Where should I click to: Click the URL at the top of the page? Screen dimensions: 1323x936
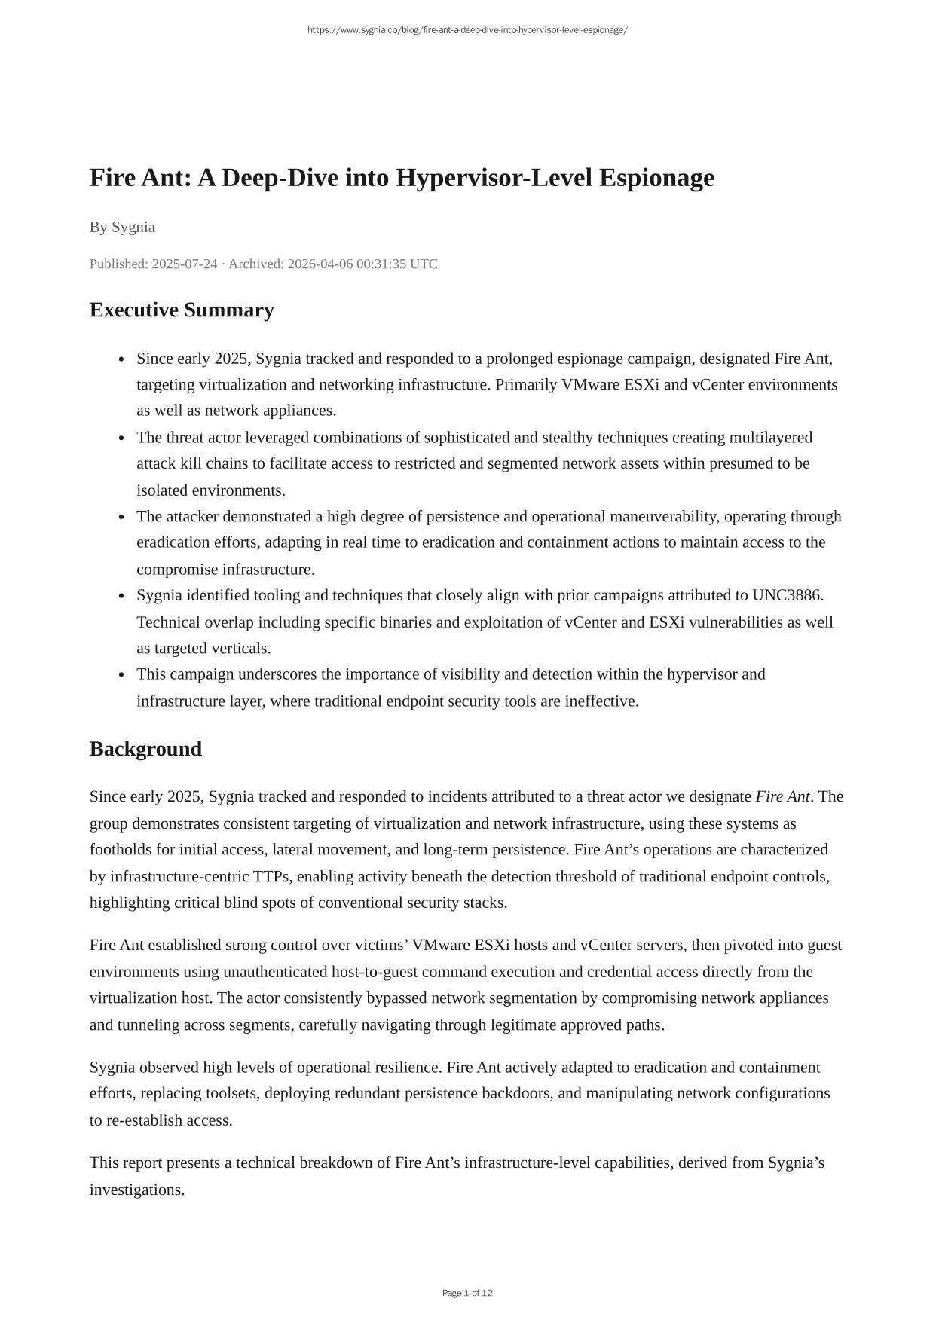467,30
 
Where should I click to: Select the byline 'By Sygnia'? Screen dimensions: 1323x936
122,227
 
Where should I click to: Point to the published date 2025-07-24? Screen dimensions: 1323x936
184,264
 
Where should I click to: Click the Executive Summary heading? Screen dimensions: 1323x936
182,310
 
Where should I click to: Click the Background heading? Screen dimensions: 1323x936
145,749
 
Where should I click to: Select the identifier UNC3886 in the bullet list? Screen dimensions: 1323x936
787,595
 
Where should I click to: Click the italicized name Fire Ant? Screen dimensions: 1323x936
782,796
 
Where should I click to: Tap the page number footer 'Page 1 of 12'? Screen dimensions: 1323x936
467,1293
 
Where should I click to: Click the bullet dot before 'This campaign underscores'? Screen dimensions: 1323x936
122,675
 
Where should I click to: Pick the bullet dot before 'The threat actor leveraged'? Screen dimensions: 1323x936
122,438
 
